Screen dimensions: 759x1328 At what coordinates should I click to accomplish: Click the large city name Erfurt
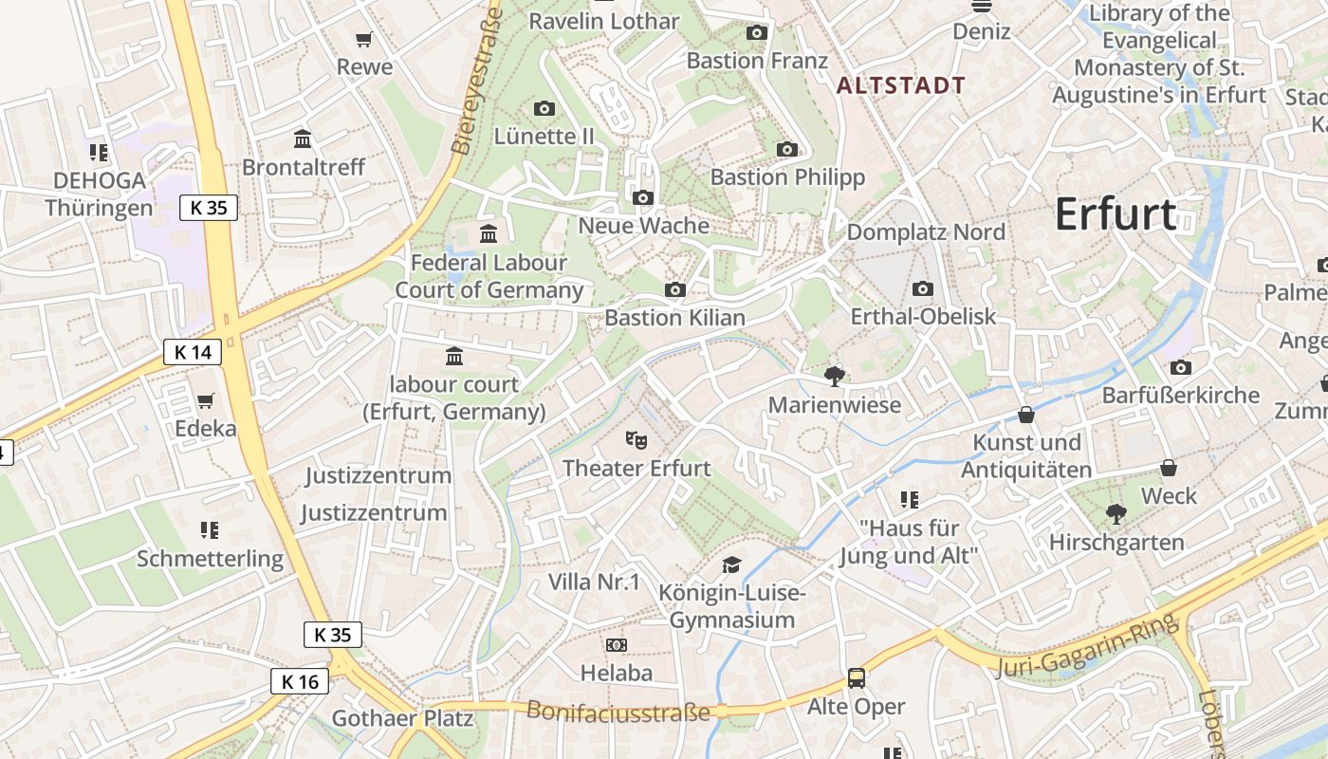pos(1116,214)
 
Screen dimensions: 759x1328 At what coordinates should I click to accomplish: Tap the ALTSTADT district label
pos(901,85)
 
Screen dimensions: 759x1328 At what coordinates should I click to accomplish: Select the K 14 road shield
pos(193,352)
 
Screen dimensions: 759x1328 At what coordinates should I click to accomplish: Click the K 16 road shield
pos(300,680)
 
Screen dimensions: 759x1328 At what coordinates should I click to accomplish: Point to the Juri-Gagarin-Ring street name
pos(1087,647)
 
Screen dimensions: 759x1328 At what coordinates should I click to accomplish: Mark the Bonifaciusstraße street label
pos(618,711)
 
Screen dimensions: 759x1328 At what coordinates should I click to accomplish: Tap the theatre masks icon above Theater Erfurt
pos(636,439)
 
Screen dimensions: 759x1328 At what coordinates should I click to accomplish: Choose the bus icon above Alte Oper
pos(856,677)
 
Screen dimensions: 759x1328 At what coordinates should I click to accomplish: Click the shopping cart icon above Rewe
pos(364,39)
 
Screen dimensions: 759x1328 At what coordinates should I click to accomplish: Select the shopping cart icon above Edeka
pos(205,400)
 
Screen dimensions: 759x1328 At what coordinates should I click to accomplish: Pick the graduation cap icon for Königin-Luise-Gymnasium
pos(731,565)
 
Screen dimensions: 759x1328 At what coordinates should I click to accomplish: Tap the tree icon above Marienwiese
pos(835,377)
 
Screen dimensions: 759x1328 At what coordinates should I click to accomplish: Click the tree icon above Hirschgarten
pos(1116,514)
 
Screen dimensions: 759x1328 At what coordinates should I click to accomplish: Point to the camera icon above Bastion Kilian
pos(674,289)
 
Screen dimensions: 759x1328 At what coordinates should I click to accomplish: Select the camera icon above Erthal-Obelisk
pos(922,288)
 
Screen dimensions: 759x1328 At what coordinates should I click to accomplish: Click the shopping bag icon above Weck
pos(1169,468)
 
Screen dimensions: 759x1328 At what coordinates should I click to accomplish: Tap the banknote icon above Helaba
pos(617,645)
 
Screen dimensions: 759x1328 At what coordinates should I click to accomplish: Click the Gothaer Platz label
pos(402,718)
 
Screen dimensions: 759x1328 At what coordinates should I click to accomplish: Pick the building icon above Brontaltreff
pos(303,139)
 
